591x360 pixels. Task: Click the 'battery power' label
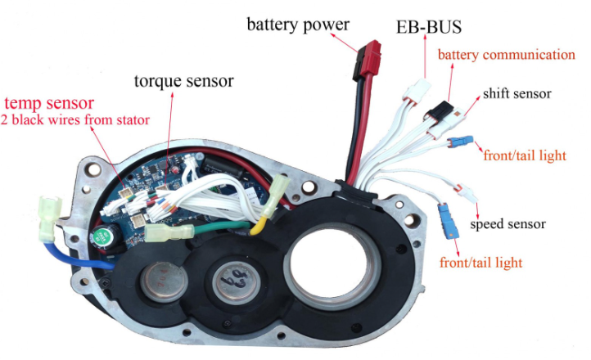click(x=298, y=24)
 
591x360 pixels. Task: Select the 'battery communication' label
click(x=506, y=56)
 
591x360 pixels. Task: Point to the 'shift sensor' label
click(x=517, y=93)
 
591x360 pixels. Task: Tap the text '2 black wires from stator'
click(x=75, y=121)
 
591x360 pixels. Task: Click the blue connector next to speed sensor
click(x=447, y=218)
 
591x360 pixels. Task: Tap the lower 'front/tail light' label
click(x=480, y=263)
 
